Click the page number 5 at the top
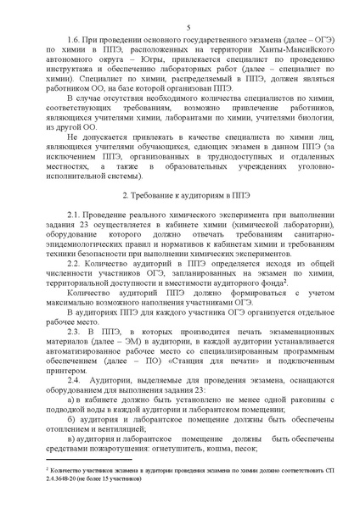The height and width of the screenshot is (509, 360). tap(185, 29)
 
